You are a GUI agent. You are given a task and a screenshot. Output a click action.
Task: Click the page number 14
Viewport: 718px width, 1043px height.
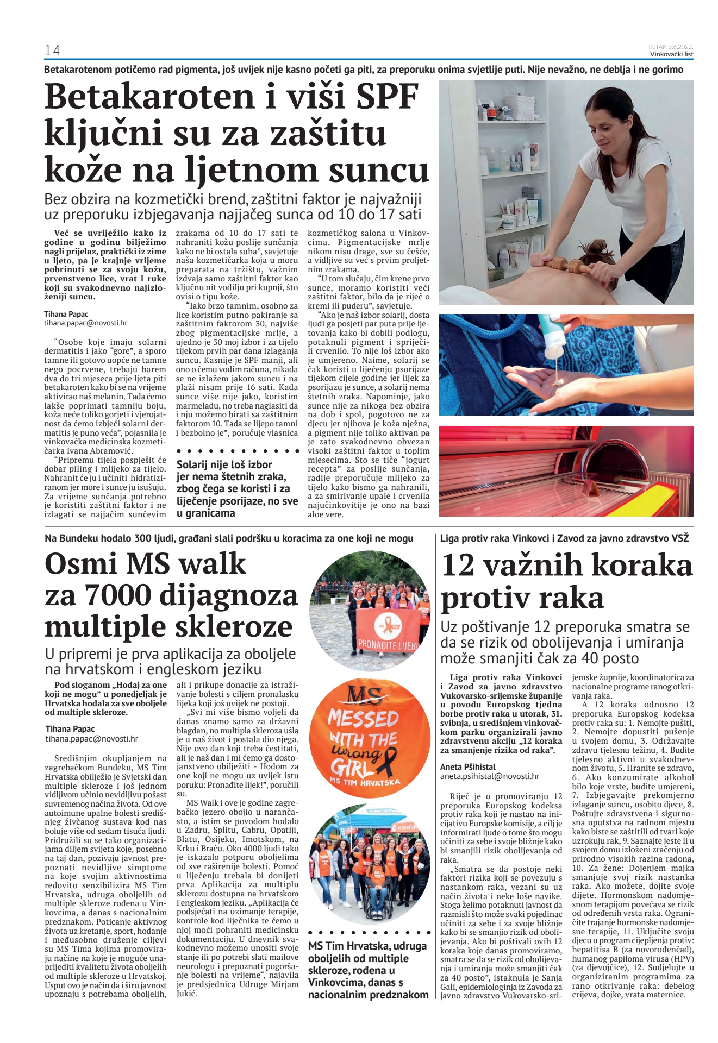52,51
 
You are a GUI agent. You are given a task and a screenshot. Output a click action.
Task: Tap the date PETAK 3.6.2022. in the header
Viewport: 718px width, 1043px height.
671,47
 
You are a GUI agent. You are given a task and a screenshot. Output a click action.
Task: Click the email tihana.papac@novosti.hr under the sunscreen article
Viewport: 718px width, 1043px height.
85,323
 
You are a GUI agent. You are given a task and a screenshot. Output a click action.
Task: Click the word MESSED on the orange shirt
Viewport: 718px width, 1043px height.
363,718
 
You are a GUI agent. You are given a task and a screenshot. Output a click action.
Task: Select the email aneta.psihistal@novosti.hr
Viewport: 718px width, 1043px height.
489,776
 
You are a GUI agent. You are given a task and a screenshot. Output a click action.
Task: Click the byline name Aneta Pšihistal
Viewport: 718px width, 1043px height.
467,766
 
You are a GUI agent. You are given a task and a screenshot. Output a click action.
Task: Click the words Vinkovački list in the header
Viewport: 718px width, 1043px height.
671,54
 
